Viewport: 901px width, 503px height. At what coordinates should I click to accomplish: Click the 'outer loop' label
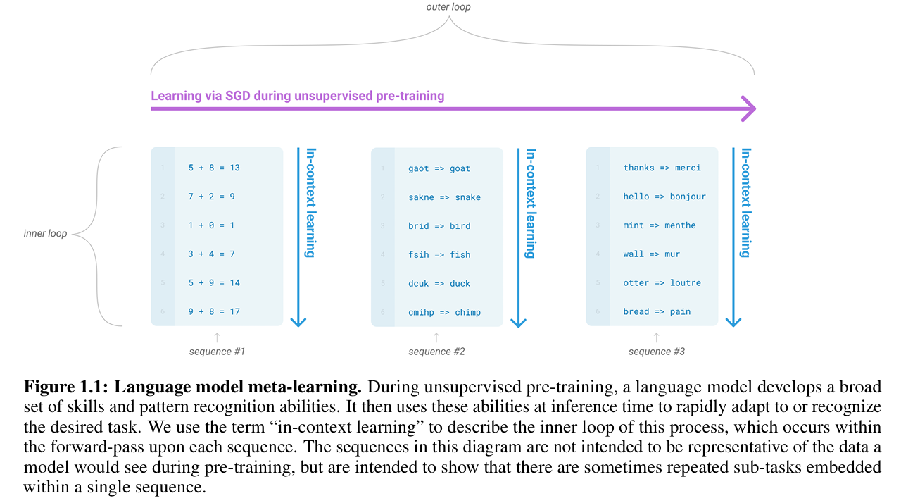tap(448, 7)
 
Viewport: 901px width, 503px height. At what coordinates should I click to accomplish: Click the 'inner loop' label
tap(46, 233)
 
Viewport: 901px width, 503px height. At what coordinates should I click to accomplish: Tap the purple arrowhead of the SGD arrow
tap(748, 109)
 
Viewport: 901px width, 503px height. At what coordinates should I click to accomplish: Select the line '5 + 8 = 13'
tap(214, 168)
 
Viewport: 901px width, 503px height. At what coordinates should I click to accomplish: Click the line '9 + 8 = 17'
tap(214, 311)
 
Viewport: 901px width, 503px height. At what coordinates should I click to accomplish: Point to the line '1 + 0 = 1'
tap(211, 225)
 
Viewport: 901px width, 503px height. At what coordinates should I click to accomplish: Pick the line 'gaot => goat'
tap(439, 168)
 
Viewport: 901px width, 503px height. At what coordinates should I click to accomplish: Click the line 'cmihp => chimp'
tap(444, 312)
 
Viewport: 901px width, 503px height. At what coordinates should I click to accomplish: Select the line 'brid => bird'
tap(439, 226)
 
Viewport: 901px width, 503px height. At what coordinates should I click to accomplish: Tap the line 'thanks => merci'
tap(662, 168)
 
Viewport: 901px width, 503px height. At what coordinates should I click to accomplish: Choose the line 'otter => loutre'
tap(662, 282)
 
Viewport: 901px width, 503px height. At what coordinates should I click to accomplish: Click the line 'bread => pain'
tap(657, 311)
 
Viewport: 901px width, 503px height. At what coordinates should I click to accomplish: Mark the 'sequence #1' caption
tap(217, 352)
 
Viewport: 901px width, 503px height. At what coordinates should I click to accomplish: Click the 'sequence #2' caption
tap(436, 352)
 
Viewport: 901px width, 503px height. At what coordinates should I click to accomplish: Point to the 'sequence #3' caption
tap(657, 352)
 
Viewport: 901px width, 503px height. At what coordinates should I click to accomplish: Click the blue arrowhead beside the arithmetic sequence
tap(298, 321)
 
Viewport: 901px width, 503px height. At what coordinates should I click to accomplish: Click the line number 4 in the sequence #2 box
tap(383, 254)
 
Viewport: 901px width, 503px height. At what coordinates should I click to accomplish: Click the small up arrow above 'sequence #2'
tap(436, 337)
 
